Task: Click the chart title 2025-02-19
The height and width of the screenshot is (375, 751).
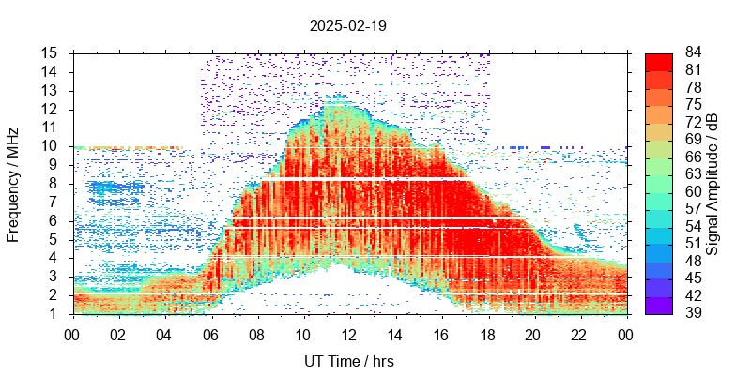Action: click(348, 26)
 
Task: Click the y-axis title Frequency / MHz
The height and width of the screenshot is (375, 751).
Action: click(13, 184)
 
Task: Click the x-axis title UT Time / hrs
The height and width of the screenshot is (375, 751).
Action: click(348, 361)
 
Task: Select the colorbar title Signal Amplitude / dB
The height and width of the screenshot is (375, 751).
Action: click(713, 184)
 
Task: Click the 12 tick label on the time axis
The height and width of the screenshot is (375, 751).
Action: click(349, 334)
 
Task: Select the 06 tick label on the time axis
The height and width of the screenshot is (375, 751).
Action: click(210, 334)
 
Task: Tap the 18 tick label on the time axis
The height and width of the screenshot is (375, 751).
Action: click(487, 334)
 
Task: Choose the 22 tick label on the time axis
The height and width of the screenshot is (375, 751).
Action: click(579, 334)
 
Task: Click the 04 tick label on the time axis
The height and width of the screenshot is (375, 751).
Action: click(164, 334)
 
